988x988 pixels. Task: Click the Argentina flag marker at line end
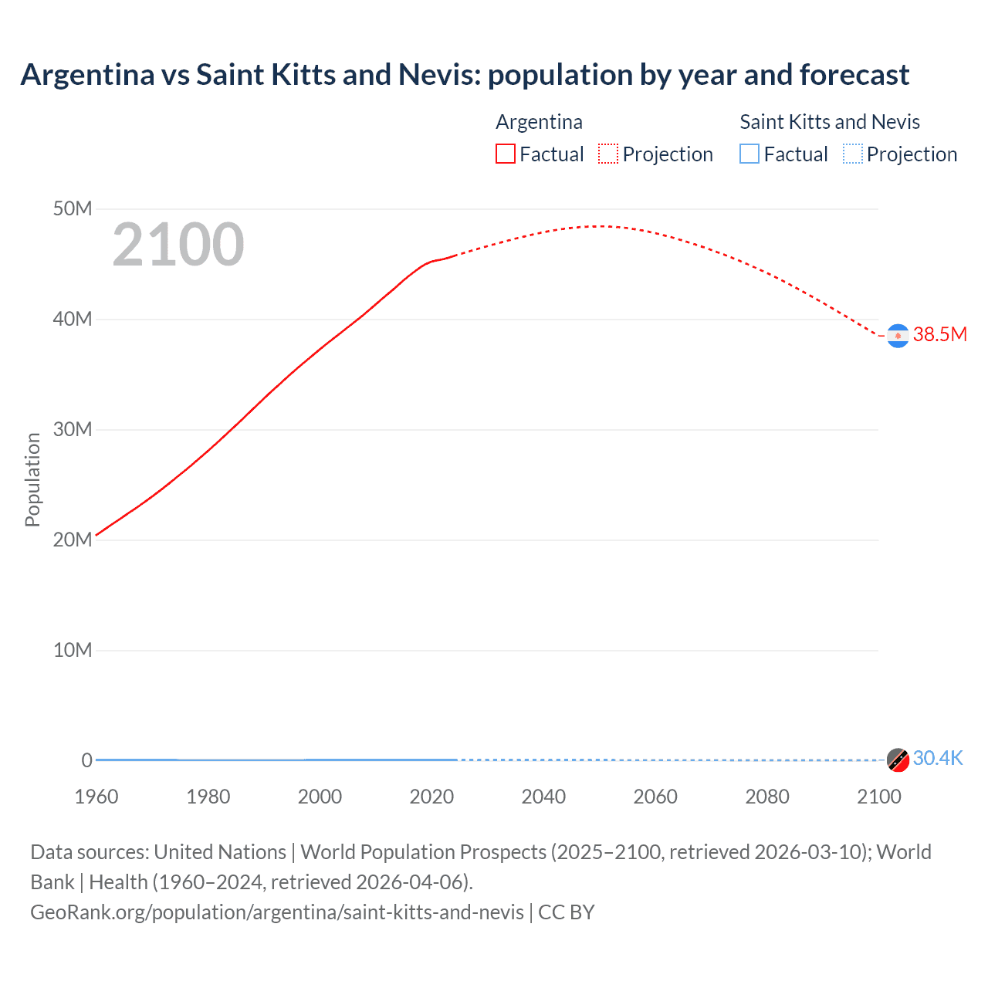pyautogui.click(x=898, y=336)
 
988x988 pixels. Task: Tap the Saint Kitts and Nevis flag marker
pyautogui.click(x=898, y=760)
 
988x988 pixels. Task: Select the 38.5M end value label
pyautogui.click(x=939, y=334)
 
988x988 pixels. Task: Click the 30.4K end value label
pyautogui.click(x=938, y=758)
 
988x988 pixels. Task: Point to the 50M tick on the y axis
pyautogui.click(x=73, y=208)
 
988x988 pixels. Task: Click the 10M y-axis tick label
pyautogui.click(x=73, y=650)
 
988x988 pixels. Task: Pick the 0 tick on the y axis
pyautogui.click(x=86, y=760)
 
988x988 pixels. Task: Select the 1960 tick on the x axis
pyautogui.click(x=96, y=797)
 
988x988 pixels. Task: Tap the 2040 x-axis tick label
pyautogui.click(x=543, y=797)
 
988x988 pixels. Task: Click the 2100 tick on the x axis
pyautogui.click(x=878, y=797)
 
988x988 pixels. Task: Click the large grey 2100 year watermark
pyautogui.click(x=178, y=245)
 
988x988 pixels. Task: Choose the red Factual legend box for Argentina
pyautogui.click(x=505, y=154)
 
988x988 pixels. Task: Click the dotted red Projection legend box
pyautogui.click(x=608, y=154)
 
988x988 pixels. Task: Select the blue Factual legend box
pyautogui.click(x=749, y=154)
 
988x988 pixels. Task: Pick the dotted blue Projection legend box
pyautogui.click(x=853, y=154)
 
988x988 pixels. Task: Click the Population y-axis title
pyautogui.click(x=32, y=479)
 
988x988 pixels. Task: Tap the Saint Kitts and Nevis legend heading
pyautogui.click(x=830, y=122)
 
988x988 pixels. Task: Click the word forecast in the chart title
pyautogui.click(x=854, y=75)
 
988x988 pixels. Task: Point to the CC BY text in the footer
pyautogui.click(x=567, y=912)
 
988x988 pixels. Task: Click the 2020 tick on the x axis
pyautogui.click(x=431, y=797)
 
